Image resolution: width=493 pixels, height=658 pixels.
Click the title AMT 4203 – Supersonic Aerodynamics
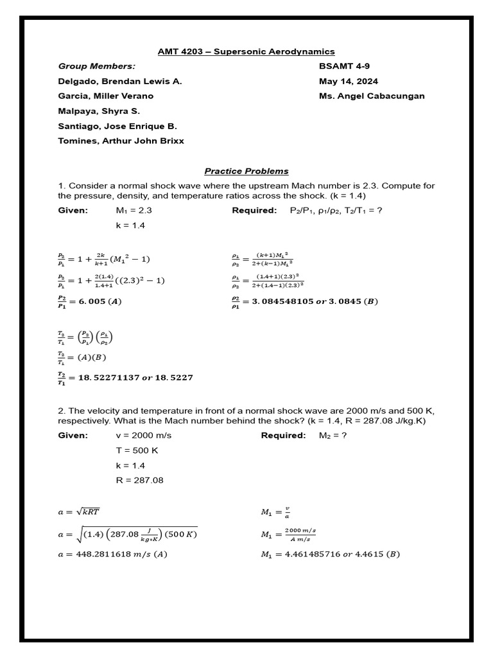(246, 51)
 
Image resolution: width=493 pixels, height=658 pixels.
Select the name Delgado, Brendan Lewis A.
(120, 82)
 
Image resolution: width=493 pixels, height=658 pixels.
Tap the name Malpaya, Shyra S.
(99, 111)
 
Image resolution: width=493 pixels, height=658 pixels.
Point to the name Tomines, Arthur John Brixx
(121, 141)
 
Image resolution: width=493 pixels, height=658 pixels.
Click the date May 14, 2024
(348, 82)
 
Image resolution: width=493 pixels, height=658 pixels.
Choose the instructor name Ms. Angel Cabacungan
(372, 96)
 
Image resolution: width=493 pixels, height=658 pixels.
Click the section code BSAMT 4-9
(344, 66)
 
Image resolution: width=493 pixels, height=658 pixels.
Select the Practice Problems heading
(246, 171)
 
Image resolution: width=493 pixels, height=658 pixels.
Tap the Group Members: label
(97, 66)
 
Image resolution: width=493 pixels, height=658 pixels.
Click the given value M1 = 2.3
(134, 210)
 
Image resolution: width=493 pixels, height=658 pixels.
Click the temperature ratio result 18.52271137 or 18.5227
(125, 378)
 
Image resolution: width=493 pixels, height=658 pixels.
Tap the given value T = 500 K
(137, 450)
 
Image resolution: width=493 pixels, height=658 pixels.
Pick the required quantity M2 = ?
(333, 436)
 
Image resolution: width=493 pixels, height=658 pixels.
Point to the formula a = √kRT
(78, 511)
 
